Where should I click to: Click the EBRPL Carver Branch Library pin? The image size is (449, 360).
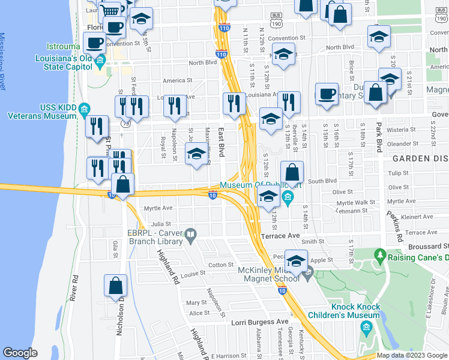click(x=190, y=234)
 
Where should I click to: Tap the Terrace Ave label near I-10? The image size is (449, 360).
click(x=280, y=236)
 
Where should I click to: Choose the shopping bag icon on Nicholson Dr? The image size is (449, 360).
click(x=115, y=287)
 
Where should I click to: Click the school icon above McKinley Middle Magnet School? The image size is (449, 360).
click(x=296, y=261)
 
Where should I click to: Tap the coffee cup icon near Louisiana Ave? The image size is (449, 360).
click(x=327, y=94)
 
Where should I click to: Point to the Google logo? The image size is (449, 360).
click(x=20, y=353)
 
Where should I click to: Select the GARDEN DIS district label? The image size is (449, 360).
click(x=420, y=159)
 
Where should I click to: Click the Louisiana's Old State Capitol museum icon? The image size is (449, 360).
click(x=100, y=60)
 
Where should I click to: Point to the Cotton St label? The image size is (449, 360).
click(x=220, y=265)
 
